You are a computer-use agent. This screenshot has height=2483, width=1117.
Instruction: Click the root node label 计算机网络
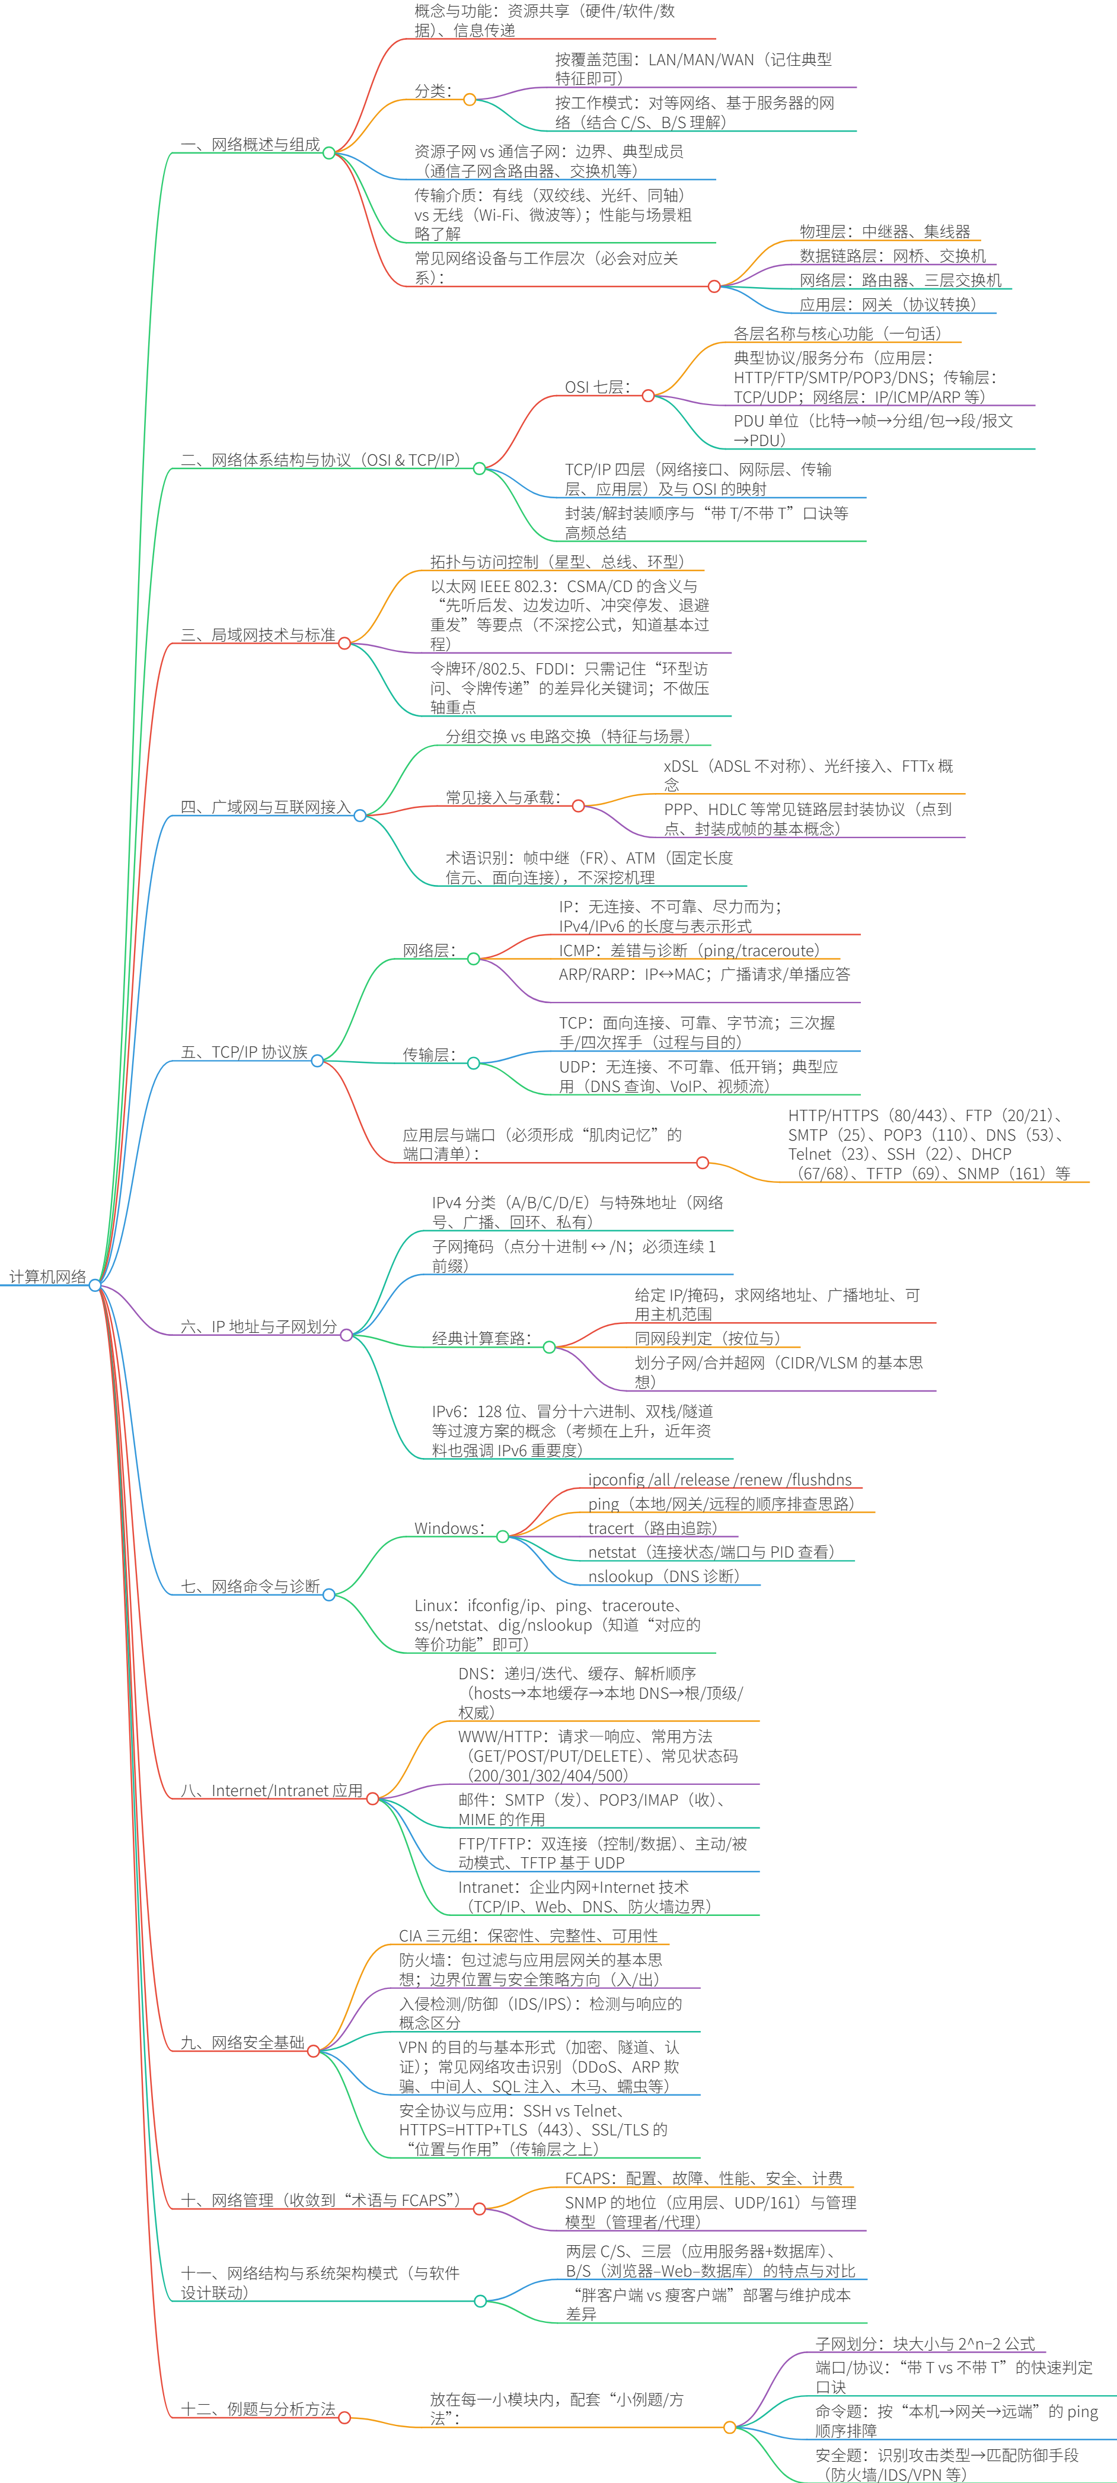click(48, 1277)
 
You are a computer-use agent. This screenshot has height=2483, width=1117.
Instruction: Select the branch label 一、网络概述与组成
click(251, 145)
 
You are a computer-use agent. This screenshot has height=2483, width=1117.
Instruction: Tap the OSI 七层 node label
click(598, 387)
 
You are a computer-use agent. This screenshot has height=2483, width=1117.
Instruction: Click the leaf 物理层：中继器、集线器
click(885, 231)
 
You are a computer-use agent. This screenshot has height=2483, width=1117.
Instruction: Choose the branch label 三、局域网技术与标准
click(258, 635)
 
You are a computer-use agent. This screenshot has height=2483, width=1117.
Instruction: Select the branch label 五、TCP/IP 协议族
click(245, 1052)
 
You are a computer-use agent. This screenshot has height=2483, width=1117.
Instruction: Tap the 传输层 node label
click(429, 1055)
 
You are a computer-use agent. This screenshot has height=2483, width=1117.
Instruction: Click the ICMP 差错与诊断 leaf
click(689, 950)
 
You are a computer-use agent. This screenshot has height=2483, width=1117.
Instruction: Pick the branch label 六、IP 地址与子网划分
click(259, 1328)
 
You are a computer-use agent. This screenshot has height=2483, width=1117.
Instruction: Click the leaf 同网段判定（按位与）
click(707, 1338)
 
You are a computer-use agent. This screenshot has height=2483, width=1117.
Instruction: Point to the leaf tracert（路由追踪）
click(652, 1529)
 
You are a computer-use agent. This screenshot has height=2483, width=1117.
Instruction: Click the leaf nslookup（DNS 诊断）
click(664, 1577)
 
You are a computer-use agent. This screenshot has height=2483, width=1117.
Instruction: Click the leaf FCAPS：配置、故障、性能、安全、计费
click(704, 2178)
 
